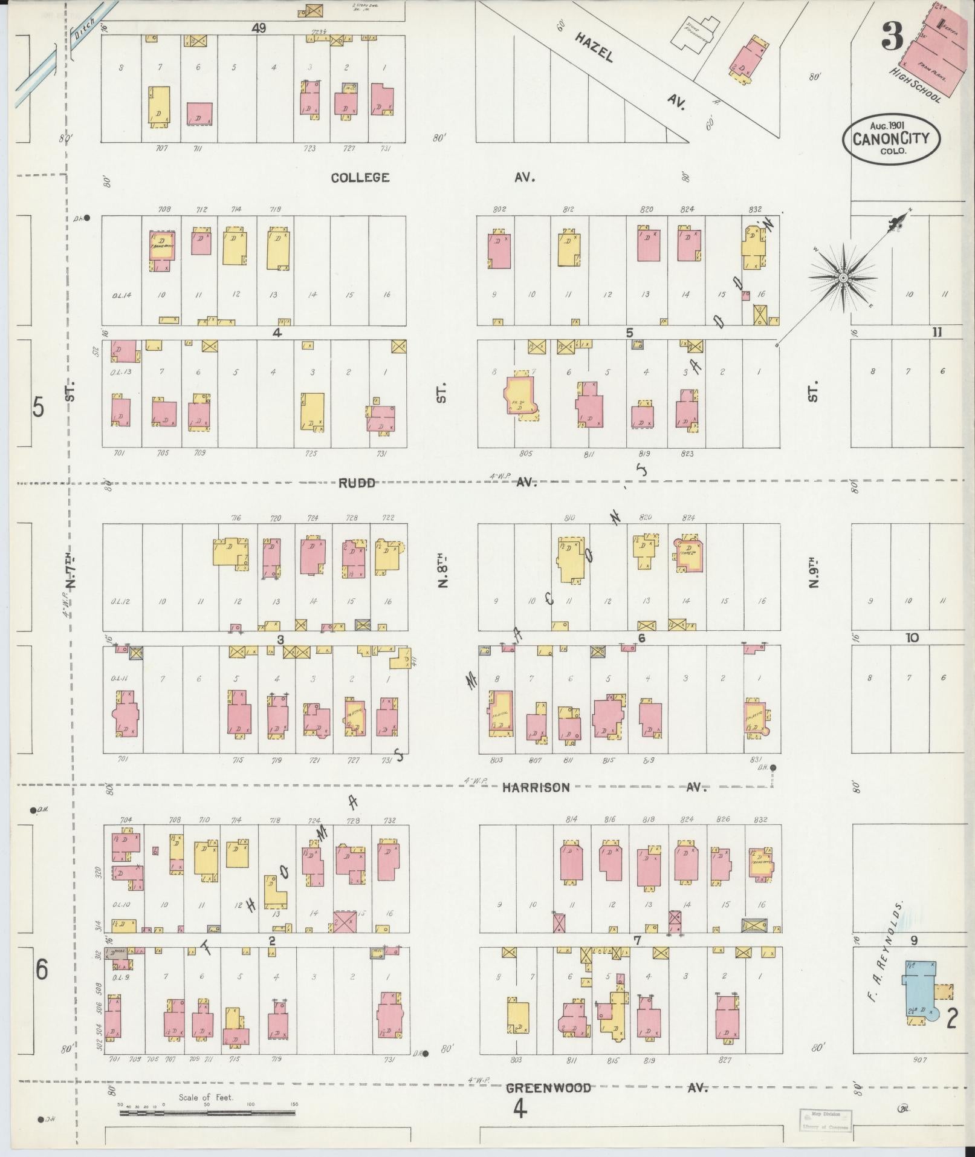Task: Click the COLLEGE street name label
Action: click(360, 177)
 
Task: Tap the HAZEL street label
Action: click(594, 47)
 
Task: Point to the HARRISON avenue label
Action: click(536, 787)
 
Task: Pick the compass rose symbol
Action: click(842, 278)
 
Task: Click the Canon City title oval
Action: click(892, 138)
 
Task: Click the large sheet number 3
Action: click(892, 36)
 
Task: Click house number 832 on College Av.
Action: click(754, 209)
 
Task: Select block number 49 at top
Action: click(260, 28)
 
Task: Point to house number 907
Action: click(920, 1060)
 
